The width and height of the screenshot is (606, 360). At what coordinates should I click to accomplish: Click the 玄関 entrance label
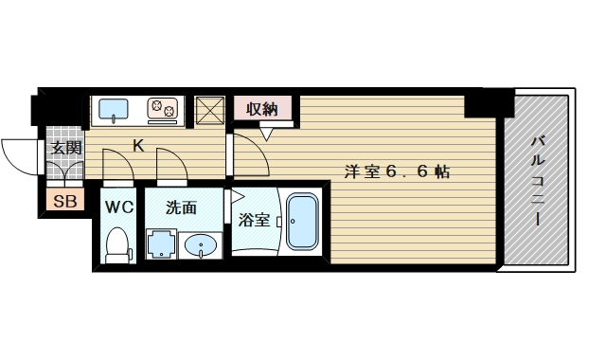[x=65, y=149]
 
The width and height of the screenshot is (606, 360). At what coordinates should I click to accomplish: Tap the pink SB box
[x=64, y=201]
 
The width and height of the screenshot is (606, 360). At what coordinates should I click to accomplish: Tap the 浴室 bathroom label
[x=253, y=221]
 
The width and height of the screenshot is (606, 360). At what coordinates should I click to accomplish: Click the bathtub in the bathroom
[x=304, y=223]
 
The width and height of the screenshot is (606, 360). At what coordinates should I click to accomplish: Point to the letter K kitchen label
[x=138, y=146]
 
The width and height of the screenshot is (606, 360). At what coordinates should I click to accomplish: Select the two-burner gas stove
[x=163, y=109]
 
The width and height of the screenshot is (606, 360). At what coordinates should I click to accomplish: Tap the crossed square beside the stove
[x=208, y=109]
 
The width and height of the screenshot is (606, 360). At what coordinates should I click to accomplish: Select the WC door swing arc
[x=116, y=165]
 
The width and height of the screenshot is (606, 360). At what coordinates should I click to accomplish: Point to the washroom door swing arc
[x=170, y=165]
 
